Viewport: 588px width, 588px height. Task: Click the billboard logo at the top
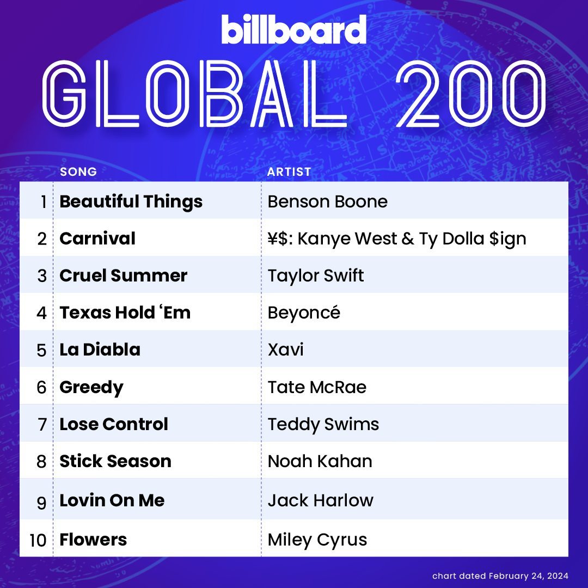pyautogui.click(x=293, y=29)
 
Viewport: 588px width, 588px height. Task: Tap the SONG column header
pyautogui.click(x=78, y=171)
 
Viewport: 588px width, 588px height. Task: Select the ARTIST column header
pyautogui.click(x=289, y=171)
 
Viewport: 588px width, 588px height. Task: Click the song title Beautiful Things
pyautogui.click(x=131, y=201)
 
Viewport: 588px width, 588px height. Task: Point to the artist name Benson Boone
pyautogui.click(x=327, y=201)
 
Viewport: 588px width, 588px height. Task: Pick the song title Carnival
pyautogui.click(x=97, y=238)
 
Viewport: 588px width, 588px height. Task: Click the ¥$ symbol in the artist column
pyautogui.click(x=278, y=238)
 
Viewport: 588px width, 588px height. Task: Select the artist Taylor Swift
pyautogui.click(x=316, y=275)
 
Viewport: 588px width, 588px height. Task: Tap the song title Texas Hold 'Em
pyautogui.click(x=125, y=313)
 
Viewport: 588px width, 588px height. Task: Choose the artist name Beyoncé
pyautogui.click(x=304, y=313)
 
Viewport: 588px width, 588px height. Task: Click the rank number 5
pyautogui.click(x=41, y=350)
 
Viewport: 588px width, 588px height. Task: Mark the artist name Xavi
pyautogui.click(x=285, y=350)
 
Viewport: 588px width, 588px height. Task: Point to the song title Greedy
pyautogui.click(x=91, y=388)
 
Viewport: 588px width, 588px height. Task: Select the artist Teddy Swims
pyautogui.click(x=323, y=425)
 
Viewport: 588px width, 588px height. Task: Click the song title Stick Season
pyautogui.click(x=115, y=461)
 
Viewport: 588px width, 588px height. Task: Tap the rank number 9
pyautogui.click(x=41, y=503)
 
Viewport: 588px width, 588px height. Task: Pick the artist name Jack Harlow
pyautogui.click(x=321, y=500)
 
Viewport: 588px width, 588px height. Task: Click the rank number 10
pyautogui.click(x=38, y=541)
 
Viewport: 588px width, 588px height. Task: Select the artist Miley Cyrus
pyautogui.click(x=317, y=540)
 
